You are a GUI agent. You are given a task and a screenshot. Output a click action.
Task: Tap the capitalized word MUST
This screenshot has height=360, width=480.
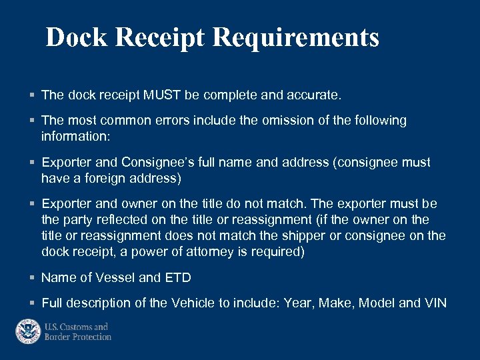click(x=162, y=95)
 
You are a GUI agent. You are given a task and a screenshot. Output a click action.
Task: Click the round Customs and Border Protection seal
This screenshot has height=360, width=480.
click(x=29, y=331)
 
